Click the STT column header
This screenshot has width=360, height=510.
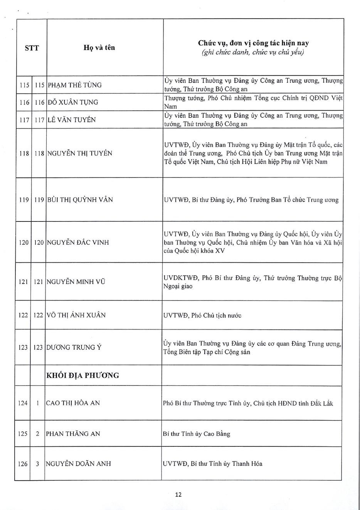point(32,48)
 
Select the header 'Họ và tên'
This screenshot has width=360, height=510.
point(99,48)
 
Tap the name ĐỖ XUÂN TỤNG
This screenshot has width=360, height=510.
point(73,102)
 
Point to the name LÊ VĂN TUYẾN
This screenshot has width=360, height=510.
point(71,120)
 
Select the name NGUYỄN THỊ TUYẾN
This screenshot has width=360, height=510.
point(80,153)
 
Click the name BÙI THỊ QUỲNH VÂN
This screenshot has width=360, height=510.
point(80,200)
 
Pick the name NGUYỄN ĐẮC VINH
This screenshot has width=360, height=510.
point(78,243)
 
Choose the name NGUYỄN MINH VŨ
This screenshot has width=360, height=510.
point(76,282)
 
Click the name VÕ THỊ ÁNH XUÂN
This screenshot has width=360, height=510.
point(76,315)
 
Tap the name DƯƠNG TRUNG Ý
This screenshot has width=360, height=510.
point(74,347)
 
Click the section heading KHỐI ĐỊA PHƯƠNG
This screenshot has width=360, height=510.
point(82,375)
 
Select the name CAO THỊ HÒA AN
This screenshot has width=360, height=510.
point(73,403)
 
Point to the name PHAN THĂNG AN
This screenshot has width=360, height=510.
point(73,434)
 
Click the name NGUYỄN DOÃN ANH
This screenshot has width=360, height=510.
point(78,464)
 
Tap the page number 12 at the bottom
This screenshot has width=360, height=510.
point(178,495)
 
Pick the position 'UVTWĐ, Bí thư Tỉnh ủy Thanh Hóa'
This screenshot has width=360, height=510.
point(213,464)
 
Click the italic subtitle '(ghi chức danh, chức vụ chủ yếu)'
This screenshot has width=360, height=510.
point(253,52)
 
